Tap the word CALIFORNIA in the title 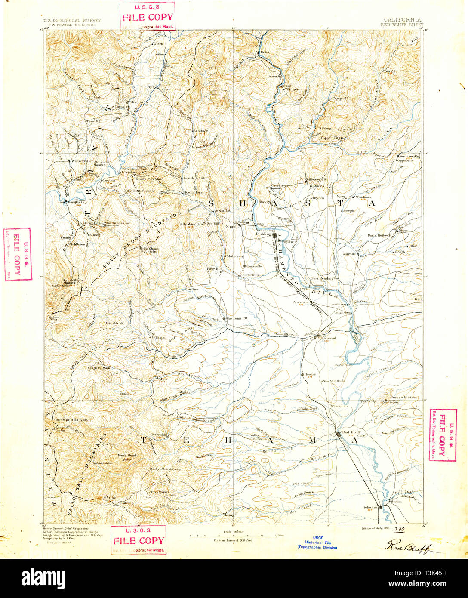[x=402, y=20]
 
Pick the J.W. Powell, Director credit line [x=72, y=25]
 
